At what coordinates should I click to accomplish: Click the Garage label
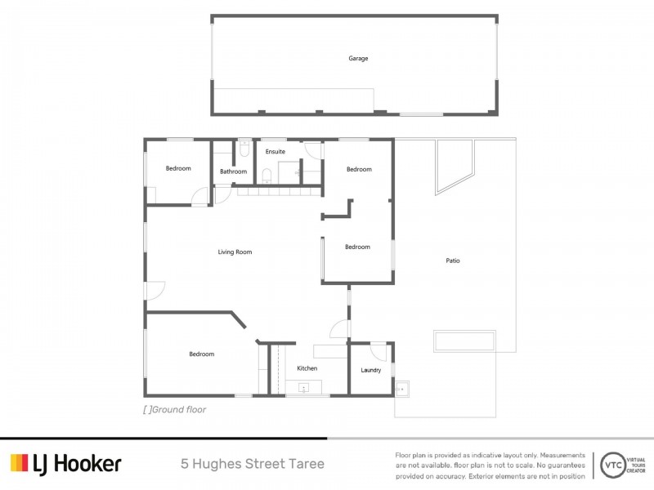click(x=358, y=58)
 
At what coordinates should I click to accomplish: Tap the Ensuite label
click(x=275, y=152)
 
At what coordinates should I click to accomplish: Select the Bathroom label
click(x=233, y=171)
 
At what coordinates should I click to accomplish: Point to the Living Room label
click(x=235, y=252)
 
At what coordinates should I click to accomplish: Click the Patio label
click(x=453, y=261)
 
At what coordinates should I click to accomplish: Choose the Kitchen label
click(x=307, y=368)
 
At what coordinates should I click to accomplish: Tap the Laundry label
click(x=371, y=370)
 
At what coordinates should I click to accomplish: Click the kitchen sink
click(x=304, y=388)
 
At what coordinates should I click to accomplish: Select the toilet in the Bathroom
click(x=244, y=149)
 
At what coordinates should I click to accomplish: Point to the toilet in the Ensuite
click(x=267, y=176)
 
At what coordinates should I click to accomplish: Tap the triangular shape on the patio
click(x=454, y=167)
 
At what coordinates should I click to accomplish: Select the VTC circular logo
click(x=613, y=465)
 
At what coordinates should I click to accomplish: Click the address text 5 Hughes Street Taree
click(x=253, y=464)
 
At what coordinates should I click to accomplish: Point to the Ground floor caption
click(x=175, y=410)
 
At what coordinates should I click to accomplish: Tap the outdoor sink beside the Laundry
click(x=401, y=390)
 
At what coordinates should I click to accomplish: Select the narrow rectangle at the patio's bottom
click(x=464, y=341)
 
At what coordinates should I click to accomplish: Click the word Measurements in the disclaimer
click(x=562, y=456)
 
